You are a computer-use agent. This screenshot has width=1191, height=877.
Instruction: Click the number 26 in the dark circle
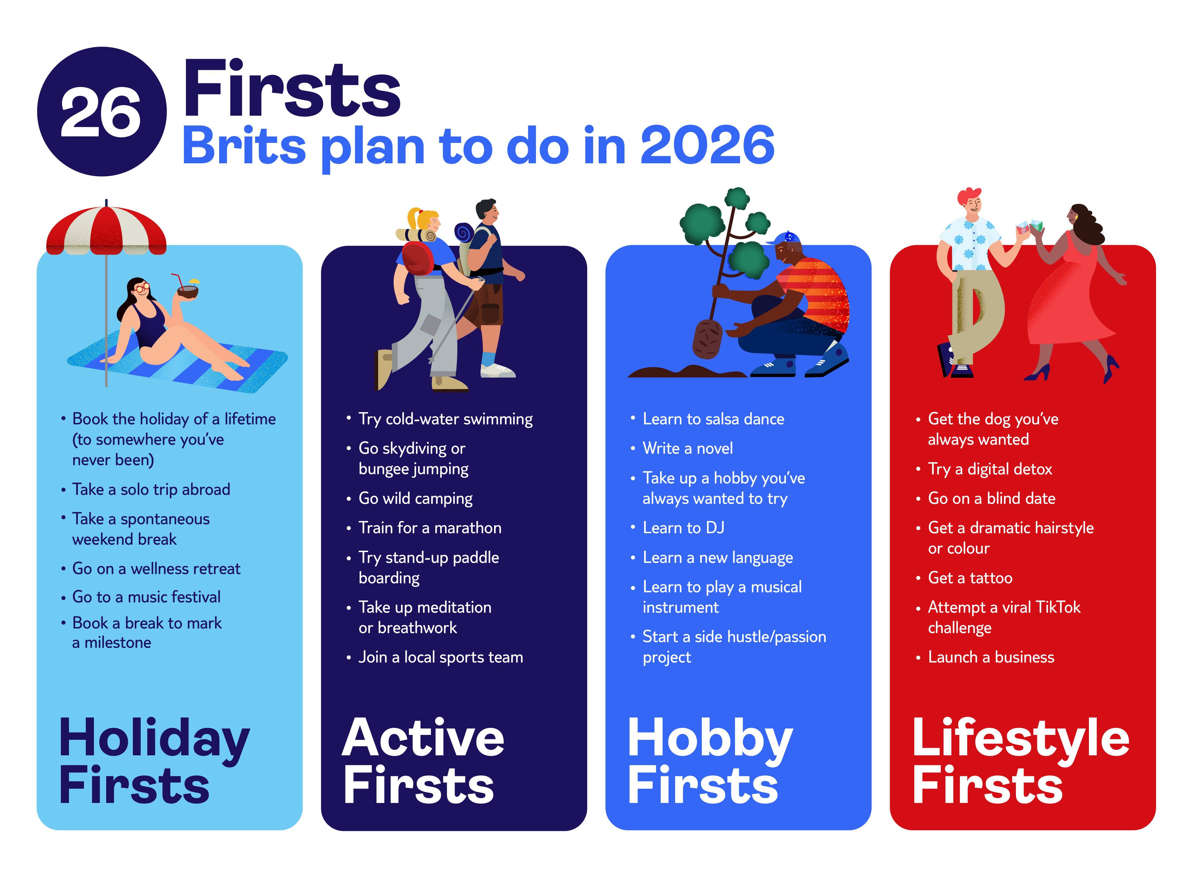pyautogui.click(x=101, y=112)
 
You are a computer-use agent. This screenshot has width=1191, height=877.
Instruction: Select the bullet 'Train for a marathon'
pyautogui.click(x=430, y=528)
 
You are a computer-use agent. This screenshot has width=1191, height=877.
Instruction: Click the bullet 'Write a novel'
pyautogui.click(x=688, y=449)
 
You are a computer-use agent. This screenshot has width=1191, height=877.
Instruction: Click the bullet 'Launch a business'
pyautogui.click(x=991, y=657)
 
